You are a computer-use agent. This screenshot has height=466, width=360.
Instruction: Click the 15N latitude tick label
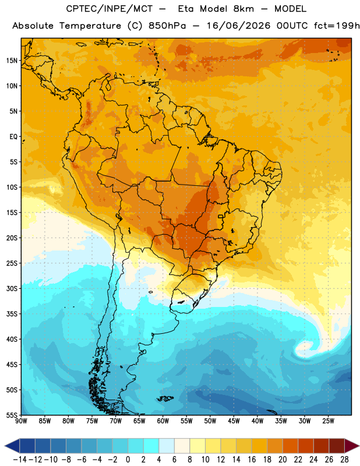12,61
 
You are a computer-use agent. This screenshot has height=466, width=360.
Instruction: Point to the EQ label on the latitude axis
13,137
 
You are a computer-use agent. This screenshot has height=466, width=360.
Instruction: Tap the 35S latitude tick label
12,314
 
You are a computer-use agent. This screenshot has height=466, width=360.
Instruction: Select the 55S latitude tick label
12,415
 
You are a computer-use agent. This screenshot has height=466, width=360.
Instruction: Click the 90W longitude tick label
21,421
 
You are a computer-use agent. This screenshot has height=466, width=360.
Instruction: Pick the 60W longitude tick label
163,421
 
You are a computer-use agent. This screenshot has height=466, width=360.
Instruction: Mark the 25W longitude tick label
328,421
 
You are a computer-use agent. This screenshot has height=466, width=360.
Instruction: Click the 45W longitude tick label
234,421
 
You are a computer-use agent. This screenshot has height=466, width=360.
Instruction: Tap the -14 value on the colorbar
20,460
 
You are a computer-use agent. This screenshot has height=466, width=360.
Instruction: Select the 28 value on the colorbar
344,460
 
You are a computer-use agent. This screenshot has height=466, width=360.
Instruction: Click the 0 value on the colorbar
128,460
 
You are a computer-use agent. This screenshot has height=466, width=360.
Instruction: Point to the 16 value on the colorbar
252,460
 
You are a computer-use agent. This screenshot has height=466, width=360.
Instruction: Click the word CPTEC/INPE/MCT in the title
110,9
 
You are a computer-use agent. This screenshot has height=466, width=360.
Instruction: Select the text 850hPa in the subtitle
167,26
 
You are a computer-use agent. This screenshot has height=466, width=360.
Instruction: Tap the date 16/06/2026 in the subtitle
238,26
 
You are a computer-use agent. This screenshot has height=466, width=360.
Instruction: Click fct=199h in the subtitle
337,26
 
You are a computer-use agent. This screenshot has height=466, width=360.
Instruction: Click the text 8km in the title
243,9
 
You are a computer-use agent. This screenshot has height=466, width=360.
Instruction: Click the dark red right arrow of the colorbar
352,446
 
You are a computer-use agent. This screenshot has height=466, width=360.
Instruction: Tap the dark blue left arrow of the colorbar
12,446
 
